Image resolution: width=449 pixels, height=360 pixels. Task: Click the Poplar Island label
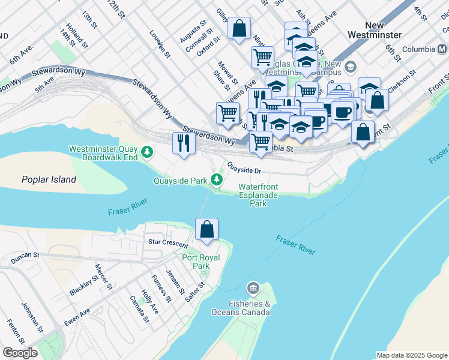point(49,179)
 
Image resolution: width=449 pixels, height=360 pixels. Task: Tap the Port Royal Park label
point(201,262)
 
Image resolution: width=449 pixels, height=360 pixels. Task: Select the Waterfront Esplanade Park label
point(258,196)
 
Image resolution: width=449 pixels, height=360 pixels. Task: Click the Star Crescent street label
point(168,242)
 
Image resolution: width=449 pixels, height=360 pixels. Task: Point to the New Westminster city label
point(383,30)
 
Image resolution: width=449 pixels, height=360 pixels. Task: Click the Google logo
point(19,353)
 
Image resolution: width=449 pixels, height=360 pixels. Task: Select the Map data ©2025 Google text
point(412,355)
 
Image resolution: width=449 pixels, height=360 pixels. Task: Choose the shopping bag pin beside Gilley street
point(239,29)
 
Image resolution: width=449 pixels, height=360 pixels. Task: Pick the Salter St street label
point(194,290)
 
